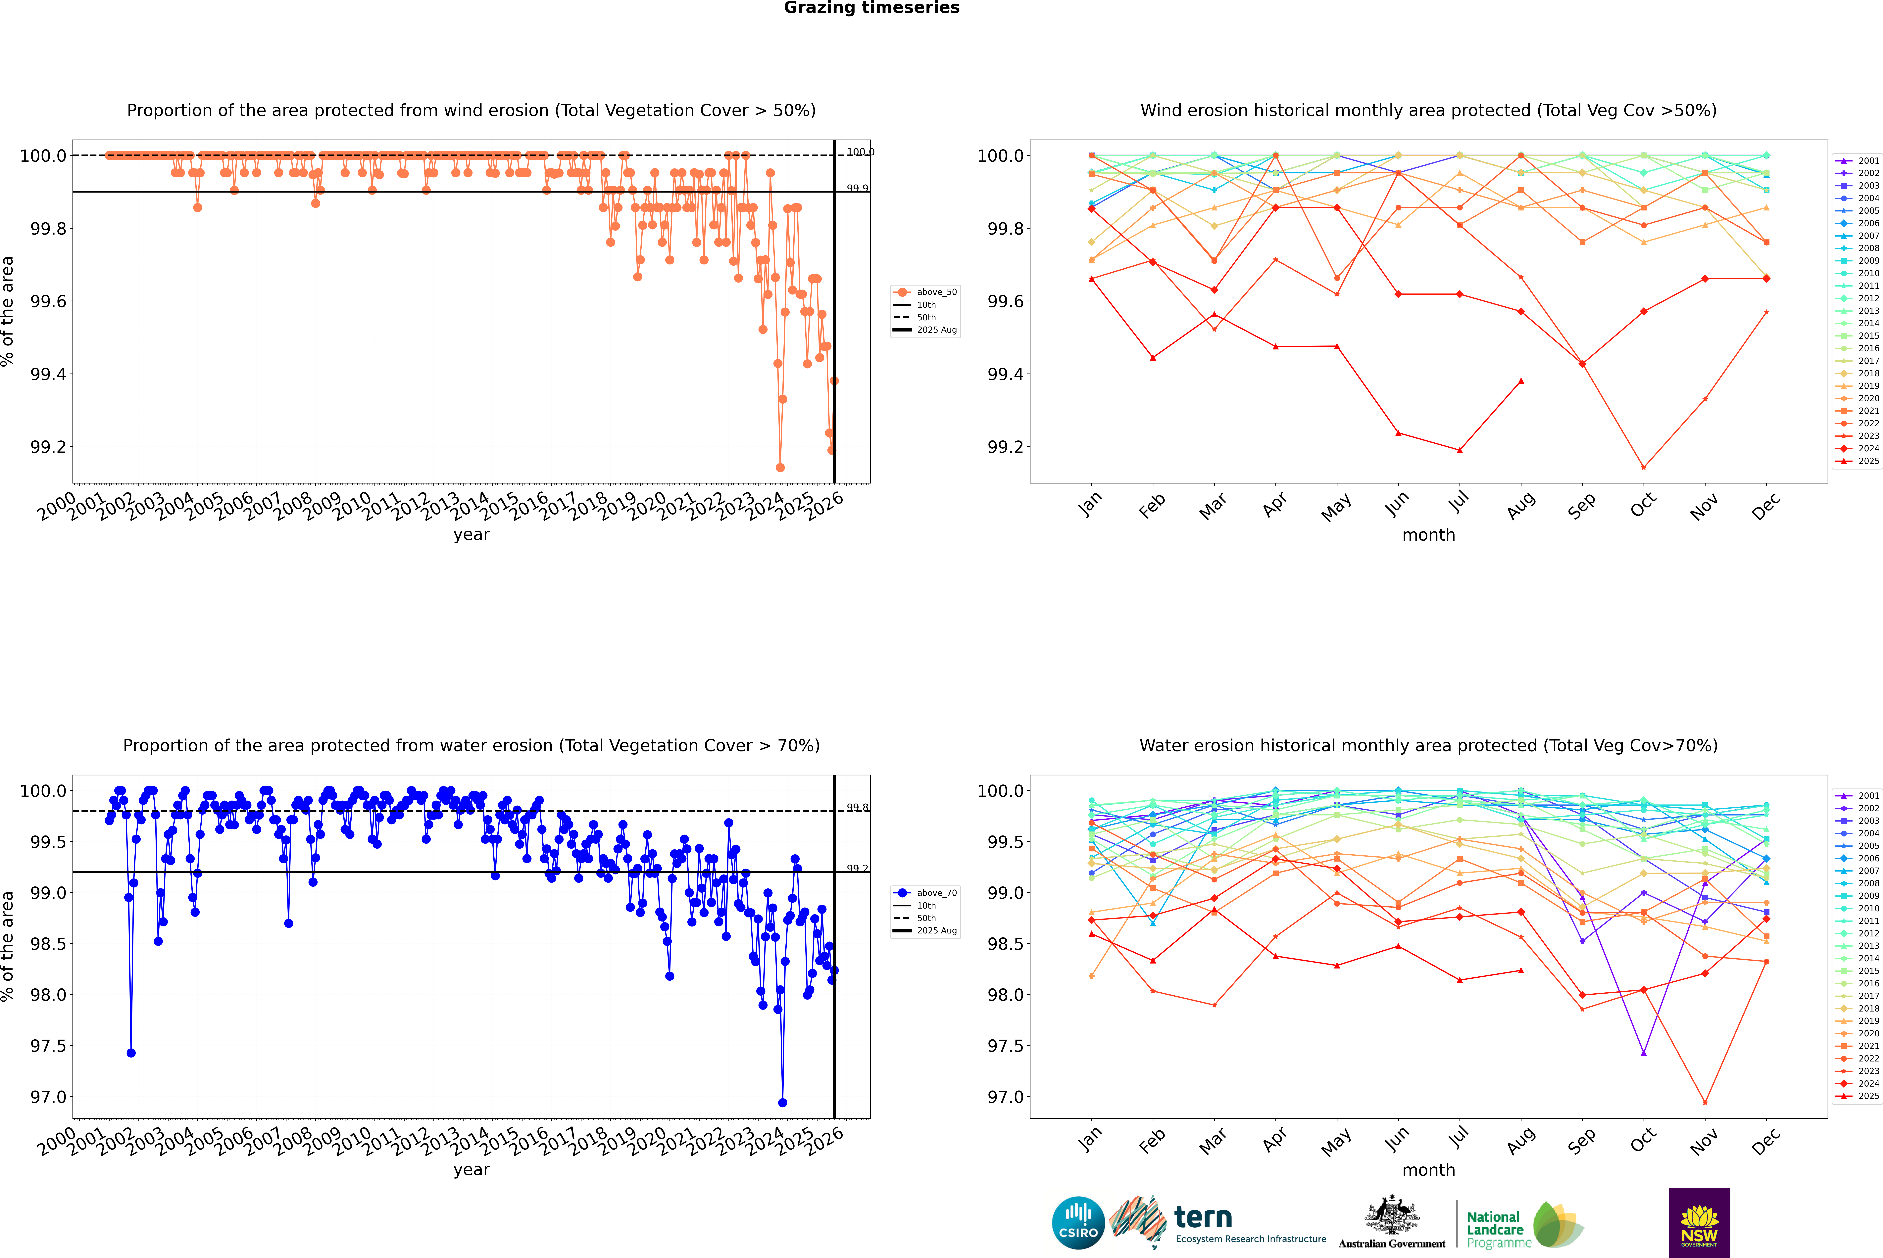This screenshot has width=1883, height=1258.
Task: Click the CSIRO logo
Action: (1078, 1223)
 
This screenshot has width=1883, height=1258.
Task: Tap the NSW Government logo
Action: (1699, 1223)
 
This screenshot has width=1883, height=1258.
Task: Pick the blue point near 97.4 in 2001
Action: (131, 1053)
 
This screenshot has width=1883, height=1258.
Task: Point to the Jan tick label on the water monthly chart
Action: (1090, 1139)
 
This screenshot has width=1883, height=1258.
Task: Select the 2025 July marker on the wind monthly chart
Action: (1459, 450)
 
